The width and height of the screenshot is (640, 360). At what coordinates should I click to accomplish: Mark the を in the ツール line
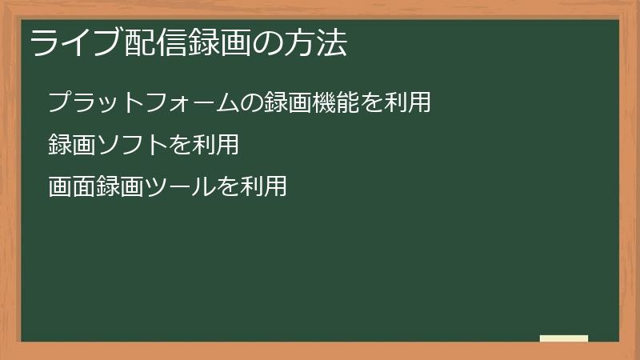tap(228, 187)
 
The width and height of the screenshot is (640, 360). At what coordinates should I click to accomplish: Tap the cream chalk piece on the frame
tap(564, 338)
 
